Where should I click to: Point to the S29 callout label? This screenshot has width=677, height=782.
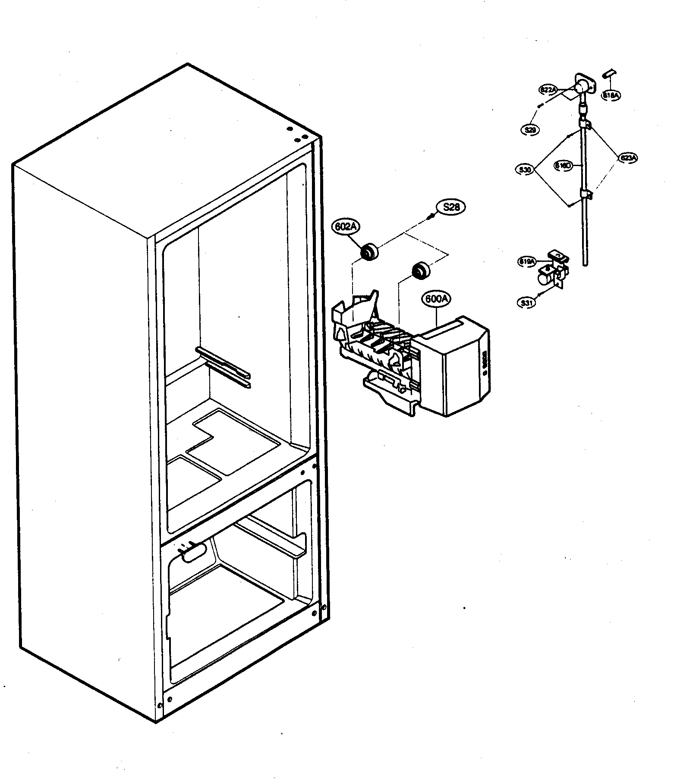(529, 129)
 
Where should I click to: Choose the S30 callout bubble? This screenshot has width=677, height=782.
(525, 170)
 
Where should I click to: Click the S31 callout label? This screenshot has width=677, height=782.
(526, 303)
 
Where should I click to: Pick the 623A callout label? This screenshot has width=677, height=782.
(627, 158)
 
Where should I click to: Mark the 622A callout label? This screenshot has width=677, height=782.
(548, 90)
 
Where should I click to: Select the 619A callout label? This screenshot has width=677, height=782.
(527, 261)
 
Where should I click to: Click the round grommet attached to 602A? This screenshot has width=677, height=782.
(369, 252)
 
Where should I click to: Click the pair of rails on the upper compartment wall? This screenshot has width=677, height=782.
(223, 366)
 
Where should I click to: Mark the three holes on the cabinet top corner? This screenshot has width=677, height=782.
(298, 135)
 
